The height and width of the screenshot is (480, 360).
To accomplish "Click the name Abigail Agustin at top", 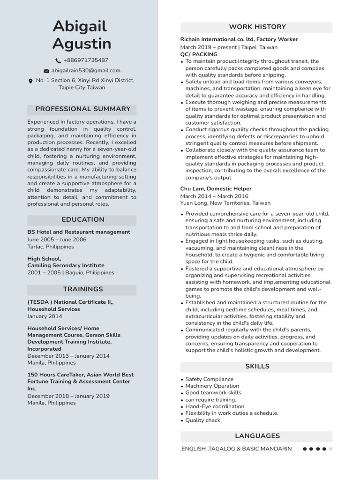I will [82, 35].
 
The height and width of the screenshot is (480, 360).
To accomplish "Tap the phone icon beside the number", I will [58, 60].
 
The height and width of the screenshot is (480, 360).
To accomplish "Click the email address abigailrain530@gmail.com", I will [85, 70].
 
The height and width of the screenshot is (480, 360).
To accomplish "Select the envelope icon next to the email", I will [46, 71].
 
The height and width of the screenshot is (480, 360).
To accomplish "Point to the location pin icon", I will [31, 81].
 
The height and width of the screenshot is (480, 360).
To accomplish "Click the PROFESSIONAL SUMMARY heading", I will [82, 109].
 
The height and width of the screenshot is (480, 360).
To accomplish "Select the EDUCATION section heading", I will [82, 219].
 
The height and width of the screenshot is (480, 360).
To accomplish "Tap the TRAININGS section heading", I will [82, 289].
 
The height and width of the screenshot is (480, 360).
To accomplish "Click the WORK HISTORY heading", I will [257, 27].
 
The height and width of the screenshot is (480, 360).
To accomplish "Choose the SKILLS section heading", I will [257, 366].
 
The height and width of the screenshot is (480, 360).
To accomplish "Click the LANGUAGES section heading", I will [257, 436].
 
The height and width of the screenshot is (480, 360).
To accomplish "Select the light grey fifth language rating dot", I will [330, 449].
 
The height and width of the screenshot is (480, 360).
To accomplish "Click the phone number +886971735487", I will [85, 60].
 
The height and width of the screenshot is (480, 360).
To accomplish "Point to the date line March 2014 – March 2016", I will [214, 196].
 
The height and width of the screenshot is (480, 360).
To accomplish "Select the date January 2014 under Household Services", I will [45, 316].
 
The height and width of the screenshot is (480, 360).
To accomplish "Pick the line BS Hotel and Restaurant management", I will [79, 232].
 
